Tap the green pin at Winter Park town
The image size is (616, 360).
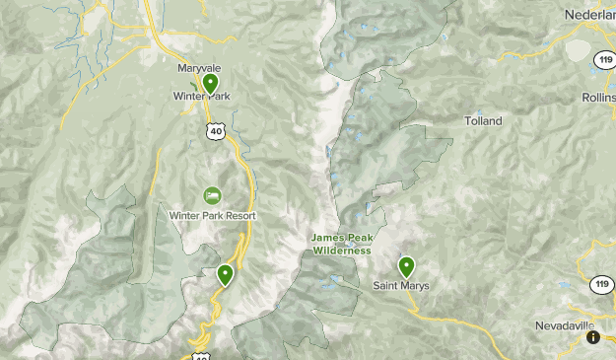coord(210,84)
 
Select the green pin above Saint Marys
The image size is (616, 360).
coord(406,266)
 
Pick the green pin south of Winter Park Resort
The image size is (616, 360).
coord(226,275)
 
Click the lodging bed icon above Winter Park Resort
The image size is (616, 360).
coord(212,196)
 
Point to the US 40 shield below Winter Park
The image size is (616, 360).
coord(215,129)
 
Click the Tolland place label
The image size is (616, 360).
coord(483,121)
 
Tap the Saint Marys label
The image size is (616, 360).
coord(401,286)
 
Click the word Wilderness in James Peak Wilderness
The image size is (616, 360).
coord(342,251)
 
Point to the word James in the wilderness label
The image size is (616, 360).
coord(329,238)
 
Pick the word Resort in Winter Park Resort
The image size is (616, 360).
coord(239,215)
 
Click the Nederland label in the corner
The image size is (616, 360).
coord(589,15)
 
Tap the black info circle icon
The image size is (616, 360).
coord(593,337)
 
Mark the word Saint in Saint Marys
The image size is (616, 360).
coord(386,286)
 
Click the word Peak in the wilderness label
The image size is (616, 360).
coord(359,238)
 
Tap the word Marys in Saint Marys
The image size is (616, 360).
coord(415,286)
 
